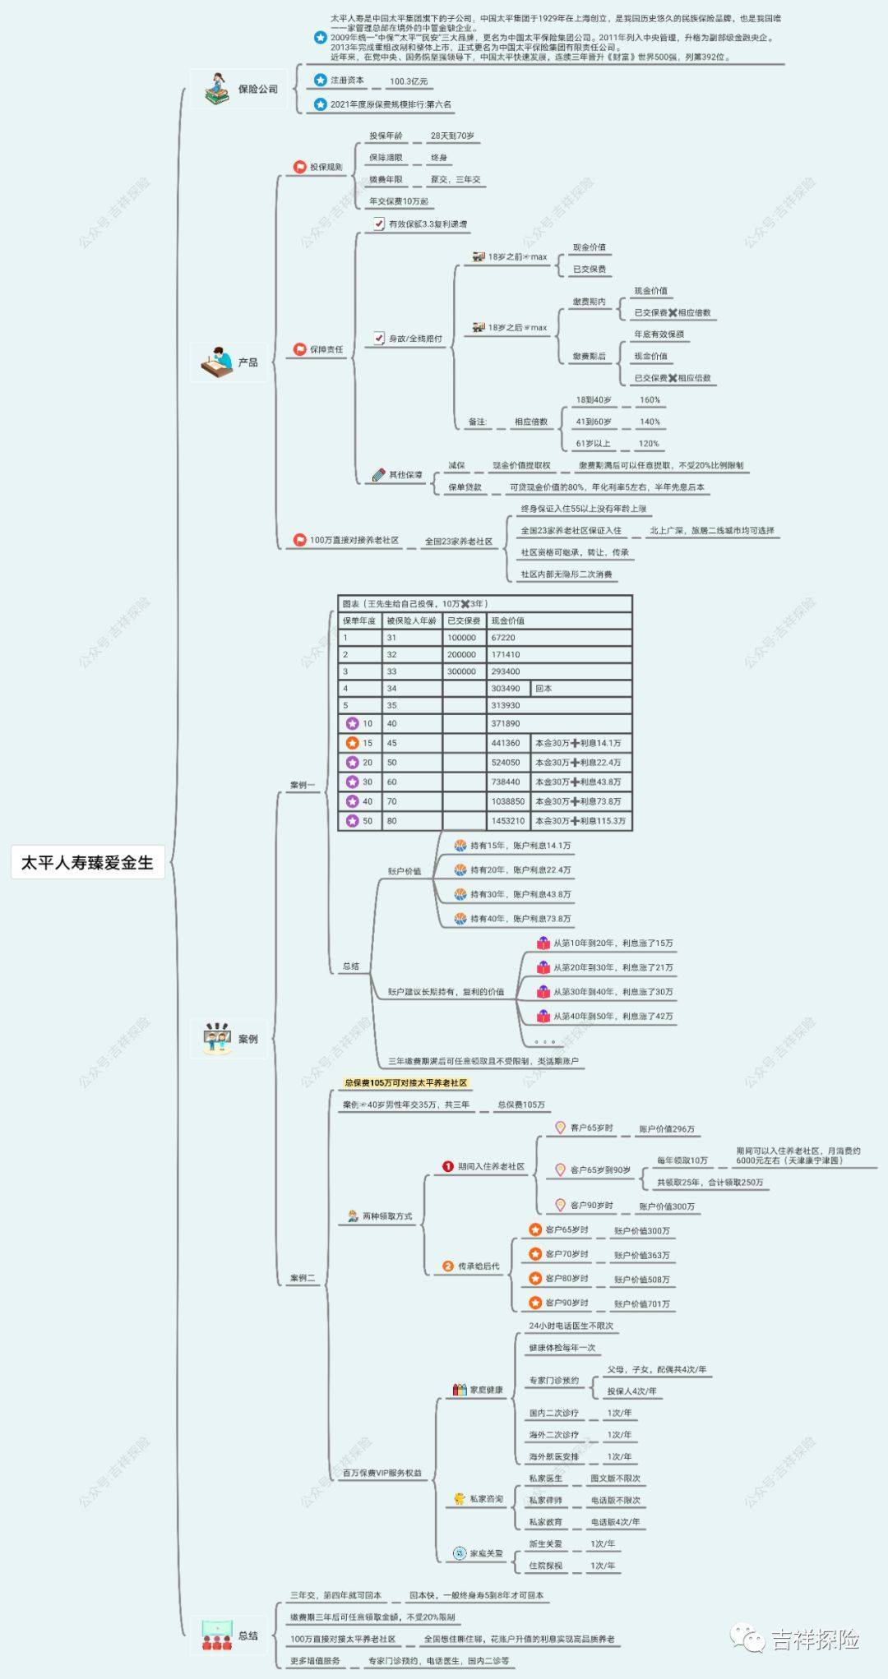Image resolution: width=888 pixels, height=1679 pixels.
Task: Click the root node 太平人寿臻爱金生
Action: [x=87, y=863]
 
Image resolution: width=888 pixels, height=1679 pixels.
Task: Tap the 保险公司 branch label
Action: [x=257, y=89]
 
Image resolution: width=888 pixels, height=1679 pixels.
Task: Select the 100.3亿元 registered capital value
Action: [x=409, y=81]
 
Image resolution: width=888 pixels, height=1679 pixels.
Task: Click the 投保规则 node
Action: [x=326, y=168]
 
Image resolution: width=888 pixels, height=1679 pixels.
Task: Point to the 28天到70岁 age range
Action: [x=452, y=136]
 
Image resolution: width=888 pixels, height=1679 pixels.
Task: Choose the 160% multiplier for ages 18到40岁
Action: [x=650, y=400]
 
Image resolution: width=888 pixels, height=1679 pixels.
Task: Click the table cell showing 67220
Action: [x=503, y=638]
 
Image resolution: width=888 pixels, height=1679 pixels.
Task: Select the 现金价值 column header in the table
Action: [x=507, y=620]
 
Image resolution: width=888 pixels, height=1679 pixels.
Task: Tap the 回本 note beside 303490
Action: [x=543, y=689]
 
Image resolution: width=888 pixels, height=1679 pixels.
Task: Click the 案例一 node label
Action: [x=303, y=785]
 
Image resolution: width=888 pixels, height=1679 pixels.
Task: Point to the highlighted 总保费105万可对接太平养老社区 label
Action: [x=405, y=1083]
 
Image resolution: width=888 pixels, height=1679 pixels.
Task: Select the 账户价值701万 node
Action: [x=641, y=1304]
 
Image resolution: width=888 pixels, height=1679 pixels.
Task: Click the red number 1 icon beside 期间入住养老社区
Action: [x=448, y=1166]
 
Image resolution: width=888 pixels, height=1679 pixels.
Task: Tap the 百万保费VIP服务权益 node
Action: [x=382, y=1473]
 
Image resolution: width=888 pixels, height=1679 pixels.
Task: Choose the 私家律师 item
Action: [x=546, y=1500]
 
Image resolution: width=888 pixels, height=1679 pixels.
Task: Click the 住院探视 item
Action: [x=546, y=1566]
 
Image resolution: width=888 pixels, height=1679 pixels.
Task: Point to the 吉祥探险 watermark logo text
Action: [x=814, y=1640]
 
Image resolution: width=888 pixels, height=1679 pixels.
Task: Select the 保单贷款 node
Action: [x=465, y=487]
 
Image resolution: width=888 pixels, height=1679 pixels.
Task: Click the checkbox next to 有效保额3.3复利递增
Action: [x=378, y=224]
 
